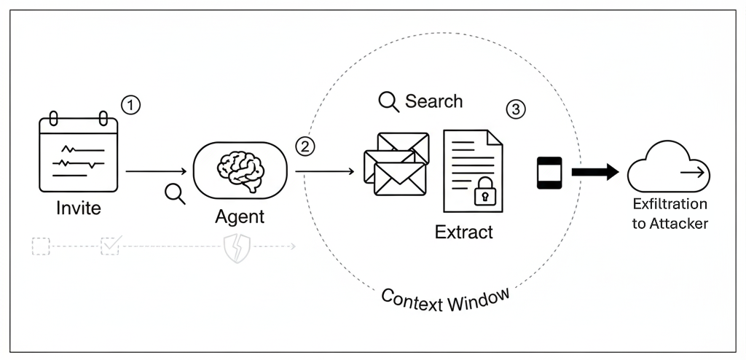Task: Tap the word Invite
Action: click(78, 208)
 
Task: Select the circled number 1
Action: click(130, 106)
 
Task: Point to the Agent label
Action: click(240, 216)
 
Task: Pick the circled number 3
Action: click(515, 109)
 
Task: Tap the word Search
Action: click(433, 101)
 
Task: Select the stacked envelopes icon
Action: click(395, 164)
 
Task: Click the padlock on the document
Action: click(484, 193)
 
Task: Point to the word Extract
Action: click(464, 232)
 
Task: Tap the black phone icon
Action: click(550, 173)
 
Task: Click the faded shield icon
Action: click(237, 247)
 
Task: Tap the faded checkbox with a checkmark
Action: click(109, 246)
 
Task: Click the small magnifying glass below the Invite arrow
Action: click(175, 193)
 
